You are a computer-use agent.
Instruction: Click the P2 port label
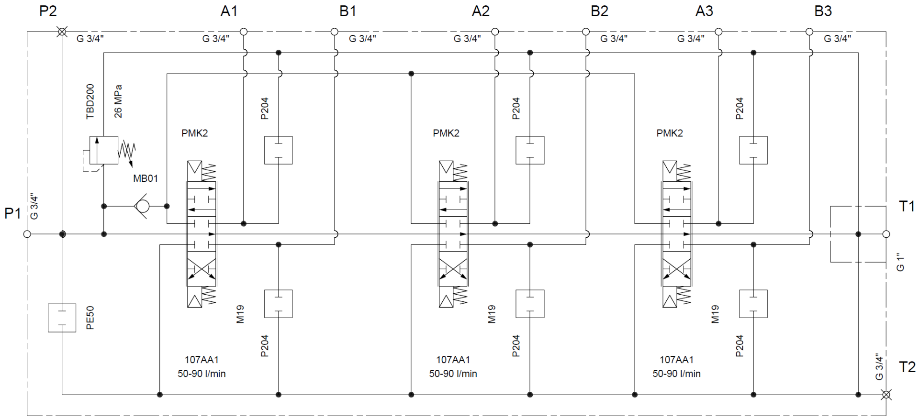coord(48,11)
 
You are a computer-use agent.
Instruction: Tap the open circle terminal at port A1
coord(243,32)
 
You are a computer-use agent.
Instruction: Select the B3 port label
coord(823,11)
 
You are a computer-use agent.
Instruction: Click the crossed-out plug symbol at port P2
coord(62,32)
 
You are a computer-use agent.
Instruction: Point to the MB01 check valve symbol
coord(142,206)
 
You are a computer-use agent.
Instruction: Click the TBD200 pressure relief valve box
coord(104,150)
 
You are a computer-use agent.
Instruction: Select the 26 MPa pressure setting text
coord(118,101)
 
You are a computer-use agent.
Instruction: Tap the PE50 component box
coord(62,318)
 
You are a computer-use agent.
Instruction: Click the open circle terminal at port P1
coord(27,234)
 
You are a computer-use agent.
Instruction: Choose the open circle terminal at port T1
coord(886,234)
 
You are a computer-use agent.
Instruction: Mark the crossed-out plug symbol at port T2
coord(886,395)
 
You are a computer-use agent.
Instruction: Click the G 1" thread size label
coord(900,262)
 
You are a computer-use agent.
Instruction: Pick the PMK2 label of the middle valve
coord(446,133)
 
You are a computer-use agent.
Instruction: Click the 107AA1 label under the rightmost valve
coord(676,360)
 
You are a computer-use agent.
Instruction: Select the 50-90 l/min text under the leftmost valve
coord(202,374)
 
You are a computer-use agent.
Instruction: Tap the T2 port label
coord(907,367)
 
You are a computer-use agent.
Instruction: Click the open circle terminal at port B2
coord(586,32)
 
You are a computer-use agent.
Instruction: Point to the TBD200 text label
coord(90,101)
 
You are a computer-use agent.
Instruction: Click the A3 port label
coord(704,11)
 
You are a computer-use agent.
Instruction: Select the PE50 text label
coord(90,318)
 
